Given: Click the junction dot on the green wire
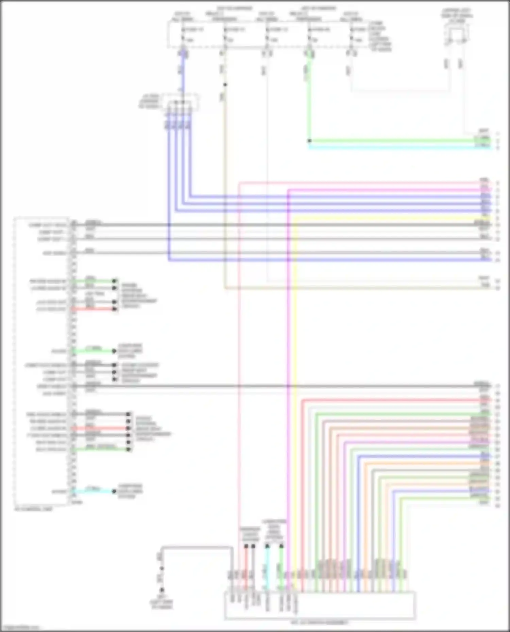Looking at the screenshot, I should point(309,141).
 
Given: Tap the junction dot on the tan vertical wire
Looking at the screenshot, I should point(225,85).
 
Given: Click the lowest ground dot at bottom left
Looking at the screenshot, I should point(162,590).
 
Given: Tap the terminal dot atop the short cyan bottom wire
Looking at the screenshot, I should point(267,546).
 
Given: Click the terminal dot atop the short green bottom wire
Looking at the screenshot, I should point(282,546).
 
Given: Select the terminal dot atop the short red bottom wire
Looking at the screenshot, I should point(246,546).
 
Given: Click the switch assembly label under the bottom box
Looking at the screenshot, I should point(319,622).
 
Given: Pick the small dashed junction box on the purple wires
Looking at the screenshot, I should point(180,102).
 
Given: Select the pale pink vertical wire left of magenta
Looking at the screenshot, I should point(239,340).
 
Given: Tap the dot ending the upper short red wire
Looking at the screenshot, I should point(115,309).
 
